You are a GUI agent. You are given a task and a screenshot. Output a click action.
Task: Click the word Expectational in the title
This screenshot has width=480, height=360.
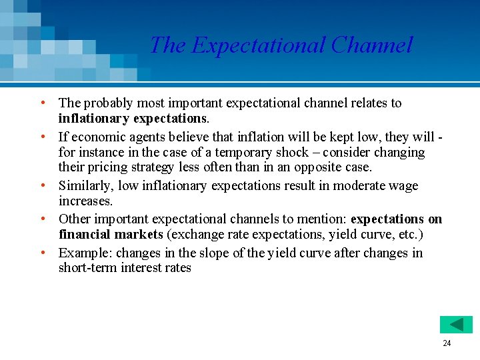click(x=257, y=45)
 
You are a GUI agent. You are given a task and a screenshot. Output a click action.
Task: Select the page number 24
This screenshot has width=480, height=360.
click(x=447, y=343)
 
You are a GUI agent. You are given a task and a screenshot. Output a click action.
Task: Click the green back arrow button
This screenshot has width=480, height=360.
click(x=456, y=325)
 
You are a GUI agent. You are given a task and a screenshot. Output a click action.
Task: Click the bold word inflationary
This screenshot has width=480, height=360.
click(x=94, y=118)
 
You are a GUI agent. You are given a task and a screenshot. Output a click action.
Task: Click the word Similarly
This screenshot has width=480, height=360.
click(x=86, y=185)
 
